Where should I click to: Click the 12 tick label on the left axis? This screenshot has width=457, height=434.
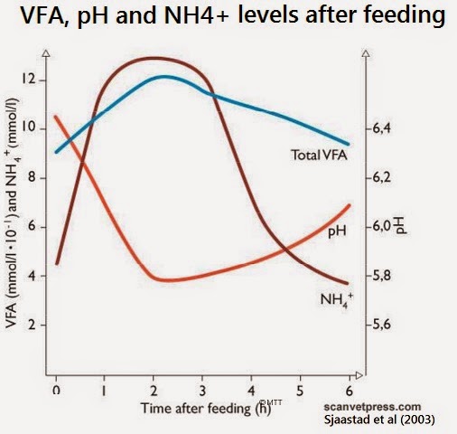pyautogui.click(x=29, y=80)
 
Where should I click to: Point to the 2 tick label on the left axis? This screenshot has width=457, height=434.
pyautogui.click(x=32, y=325)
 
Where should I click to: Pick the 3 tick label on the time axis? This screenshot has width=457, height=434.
pyautogui.click(x=202, y=391)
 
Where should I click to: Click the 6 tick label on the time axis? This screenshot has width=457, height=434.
pyautogui.click(x=350, y=391)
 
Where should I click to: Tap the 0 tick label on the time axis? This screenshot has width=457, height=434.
pyautogui.click(x=56, y=391)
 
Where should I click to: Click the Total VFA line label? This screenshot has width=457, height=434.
pyautogui.click(x=319, y=155)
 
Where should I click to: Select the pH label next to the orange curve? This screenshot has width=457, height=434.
pyautogui.click(x=337, y=231)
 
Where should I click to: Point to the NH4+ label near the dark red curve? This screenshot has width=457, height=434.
pyautogui.click(x=336, y=299)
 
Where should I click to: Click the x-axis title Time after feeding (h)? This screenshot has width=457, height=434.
pyautogui.click(x=206, y=409)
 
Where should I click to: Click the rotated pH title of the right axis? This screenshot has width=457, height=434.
pyautogui.click(x=402, y=225)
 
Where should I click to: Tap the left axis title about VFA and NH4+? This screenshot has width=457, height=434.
pyautogui.click(x=13, y=213)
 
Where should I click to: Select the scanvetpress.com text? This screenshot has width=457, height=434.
pyautogui.click(x=372, y=407)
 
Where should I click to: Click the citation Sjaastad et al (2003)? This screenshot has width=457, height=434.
pyautogui.click(x=379, y=420)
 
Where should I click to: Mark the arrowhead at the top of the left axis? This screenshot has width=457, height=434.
pyautogui.click(x=46, y=53)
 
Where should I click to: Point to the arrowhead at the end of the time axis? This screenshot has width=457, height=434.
pyautogui.click(x=359, y=375)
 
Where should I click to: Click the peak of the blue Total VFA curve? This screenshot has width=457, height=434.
pyautogui.click(x=164, y=77)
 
